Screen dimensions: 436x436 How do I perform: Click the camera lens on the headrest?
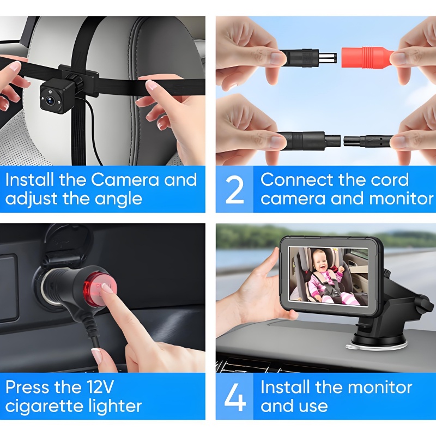click(x=51, y=100)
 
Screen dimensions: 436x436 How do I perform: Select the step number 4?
click(x=235, y=397)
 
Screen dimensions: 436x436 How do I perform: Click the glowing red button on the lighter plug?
click(x=100, y=290)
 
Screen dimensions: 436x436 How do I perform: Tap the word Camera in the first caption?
click(x=125, y=180)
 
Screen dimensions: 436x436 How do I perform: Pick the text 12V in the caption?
click(x=100, y=387)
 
